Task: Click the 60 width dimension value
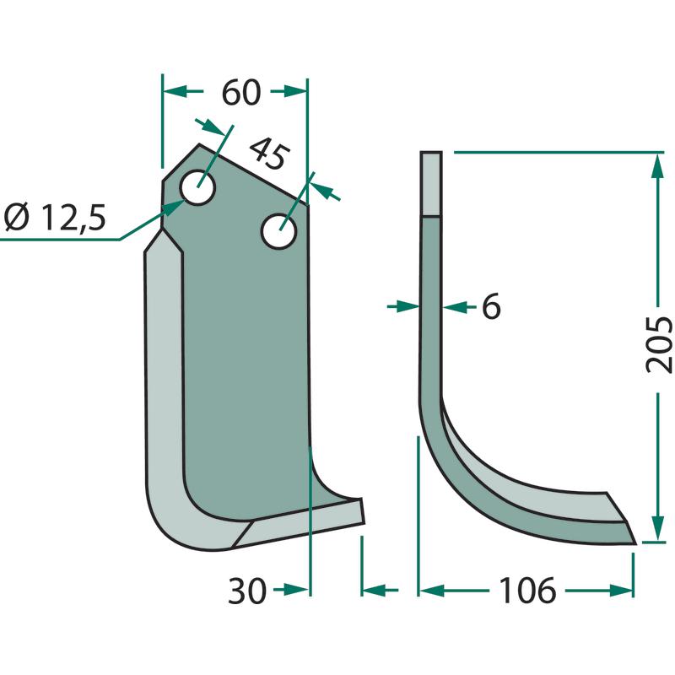241,92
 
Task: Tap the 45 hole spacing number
268,154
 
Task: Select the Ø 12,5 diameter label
55,217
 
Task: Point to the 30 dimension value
247,591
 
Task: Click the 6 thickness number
491,306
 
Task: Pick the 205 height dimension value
659,344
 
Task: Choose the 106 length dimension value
527,591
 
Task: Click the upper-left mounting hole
198,187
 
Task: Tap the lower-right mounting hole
279,231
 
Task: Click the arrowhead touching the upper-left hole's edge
175,208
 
